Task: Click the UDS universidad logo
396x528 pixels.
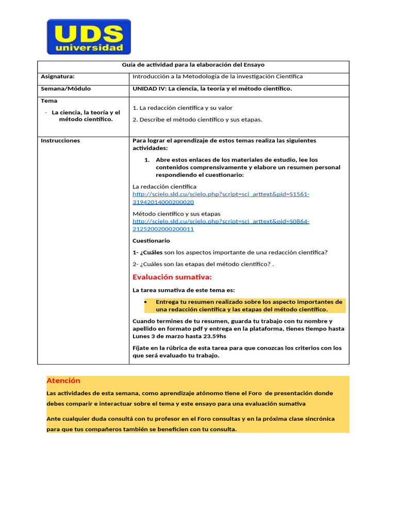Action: click(89, 37)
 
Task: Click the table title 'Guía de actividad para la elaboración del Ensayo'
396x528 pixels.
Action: click(193, 65)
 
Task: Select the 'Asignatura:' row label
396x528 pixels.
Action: click(58, 76)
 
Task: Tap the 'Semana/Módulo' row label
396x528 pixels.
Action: click(65, 89)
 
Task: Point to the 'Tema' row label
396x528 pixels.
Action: click(49, 101)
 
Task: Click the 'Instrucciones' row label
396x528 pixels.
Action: click(60, 141)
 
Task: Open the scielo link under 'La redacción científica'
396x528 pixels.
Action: click(221, 198)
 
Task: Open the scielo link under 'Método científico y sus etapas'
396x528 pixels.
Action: click(221, 225)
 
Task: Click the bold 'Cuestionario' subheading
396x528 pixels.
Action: click(151, 241)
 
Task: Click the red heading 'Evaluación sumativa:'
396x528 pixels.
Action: click(172, 277)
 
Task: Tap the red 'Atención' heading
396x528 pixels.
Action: click(63, 381)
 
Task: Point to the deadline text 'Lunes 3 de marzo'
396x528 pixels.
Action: click(156, 336)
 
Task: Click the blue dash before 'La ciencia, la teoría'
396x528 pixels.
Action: click(46, 112)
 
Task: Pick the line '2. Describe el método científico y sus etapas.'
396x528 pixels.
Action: click(197, 120)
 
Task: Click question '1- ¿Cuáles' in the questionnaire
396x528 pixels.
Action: click(147, 252)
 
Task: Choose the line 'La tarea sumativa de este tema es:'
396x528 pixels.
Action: click(184, 290)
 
